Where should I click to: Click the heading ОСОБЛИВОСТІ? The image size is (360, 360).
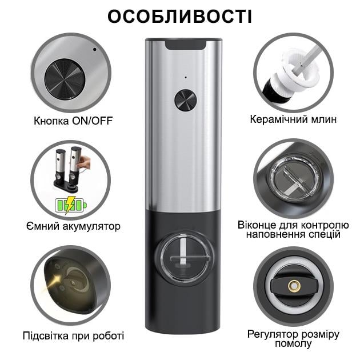[x=180, y=17]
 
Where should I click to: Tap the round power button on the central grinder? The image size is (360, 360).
[x=185, y=100]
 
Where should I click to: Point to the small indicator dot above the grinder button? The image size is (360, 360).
[x=185, y=77]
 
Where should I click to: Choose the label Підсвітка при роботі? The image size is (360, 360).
[x=73, y=335]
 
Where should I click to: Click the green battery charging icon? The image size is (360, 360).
[x=70, y=204]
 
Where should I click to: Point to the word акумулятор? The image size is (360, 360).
[x=88, y=226]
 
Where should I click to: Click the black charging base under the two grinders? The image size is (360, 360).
[x=68, y=186]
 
